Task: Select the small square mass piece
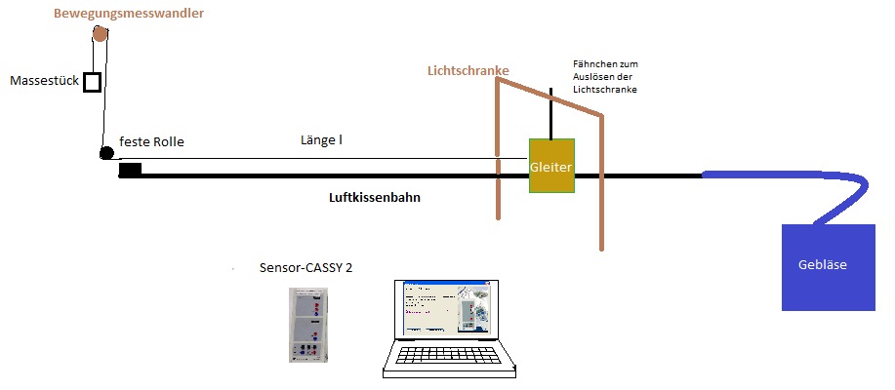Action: pyautogui.click(x=93, y=82)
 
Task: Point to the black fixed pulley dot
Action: pyautogui.click(x=106, y=153)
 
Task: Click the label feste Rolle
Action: pyautogui.click(x=151, y=141)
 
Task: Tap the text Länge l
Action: pyautogui.click(x=321, y=141)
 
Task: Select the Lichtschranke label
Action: pyautogui.click(x=468, y=70)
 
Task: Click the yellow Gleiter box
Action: pyautogui.click(x=551, y=165)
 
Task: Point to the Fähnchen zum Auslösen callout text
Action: pyautogui.click(x=605, y=76)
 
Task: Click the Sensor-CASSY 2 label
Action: pyautogui.click(x=305, y=267)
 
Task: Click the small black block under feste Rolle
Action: pyautogui.click(x=130, y=170)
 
